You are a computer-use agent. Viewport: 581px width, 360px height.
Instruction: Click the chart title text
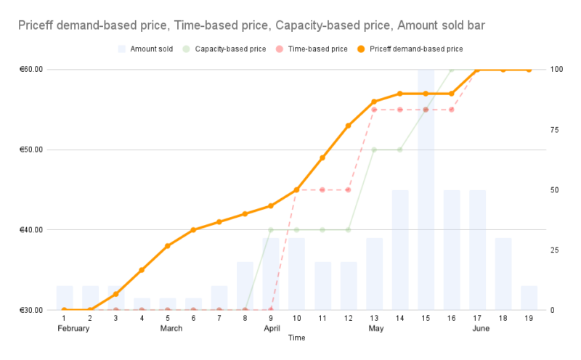(251, 25)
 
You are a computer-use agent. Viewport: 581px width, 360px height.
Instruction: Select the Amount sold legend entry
(151, 49)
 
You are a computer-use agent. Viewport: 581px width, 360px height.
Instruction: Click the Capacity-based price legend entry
(235, 49)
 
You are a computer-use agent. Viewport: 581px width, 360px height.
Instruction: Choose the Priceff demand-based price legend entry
(415, 49)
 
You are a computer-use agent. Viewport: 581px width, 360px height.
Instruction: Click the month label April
(272, 329)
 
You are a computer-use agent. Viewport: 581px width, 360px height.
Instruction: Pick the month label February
(73, 329)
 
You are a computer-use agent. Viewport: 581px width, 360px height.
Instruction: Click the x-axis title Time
(296, 338)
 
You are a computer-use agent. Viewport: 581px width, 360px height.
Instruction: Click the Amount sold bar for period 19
(529, 298)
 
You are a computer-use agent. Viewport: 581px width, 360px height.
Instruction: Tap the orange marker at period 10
(296, 190)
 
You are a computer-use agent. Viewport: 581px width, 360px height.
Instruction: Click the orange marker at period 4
(142, 270)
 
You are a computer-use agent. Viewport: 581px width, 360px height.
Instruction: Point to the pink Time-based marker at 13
(374, 110)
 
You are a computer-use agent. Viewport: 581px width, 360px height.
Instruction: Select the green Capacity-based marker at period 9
(271, 230)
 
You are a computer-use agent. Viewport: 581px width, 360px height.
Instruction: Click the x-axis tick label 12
(348, 319)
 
